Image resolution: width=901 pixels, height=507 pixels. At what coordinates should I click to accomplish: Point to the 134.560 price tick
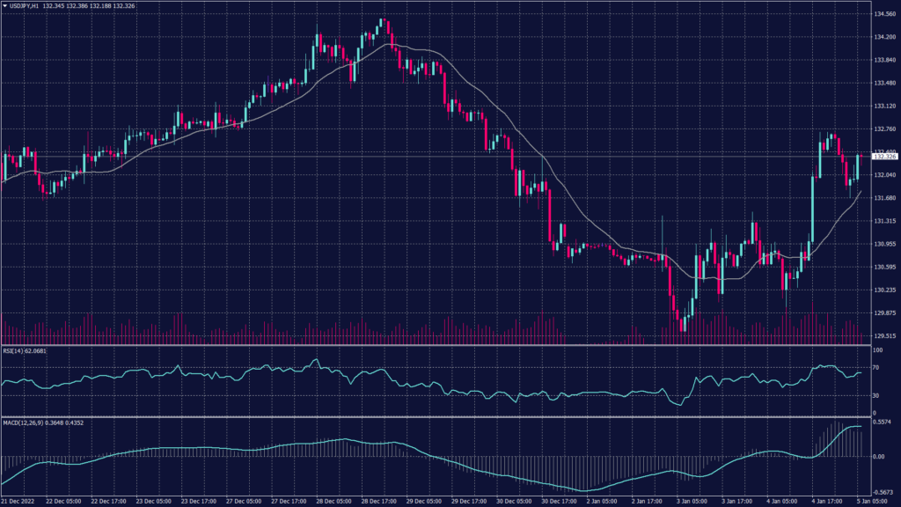[x=884, y=14]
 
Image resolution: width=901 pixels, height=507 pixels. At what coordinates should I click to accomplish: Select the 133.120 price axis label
[x=884, y=106]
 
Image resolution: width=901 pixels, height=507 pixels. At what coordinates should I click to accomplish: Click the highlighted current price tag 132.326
[x=884, y=157]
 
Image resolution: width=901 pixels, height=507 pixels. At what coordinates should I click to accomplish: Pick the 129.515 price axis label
[x=884, y=335]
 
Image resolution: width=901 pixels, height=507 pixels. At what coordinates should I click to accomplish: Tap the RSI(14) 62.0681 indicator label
[x=24, y=350]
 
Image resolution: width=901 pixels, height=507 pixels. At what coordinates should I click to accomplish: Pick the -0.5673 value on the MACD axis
[x=883, y=493]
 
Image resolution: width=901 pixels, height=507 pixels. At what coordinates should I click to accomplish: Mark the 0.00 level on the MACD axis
[x=877, y=457]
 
